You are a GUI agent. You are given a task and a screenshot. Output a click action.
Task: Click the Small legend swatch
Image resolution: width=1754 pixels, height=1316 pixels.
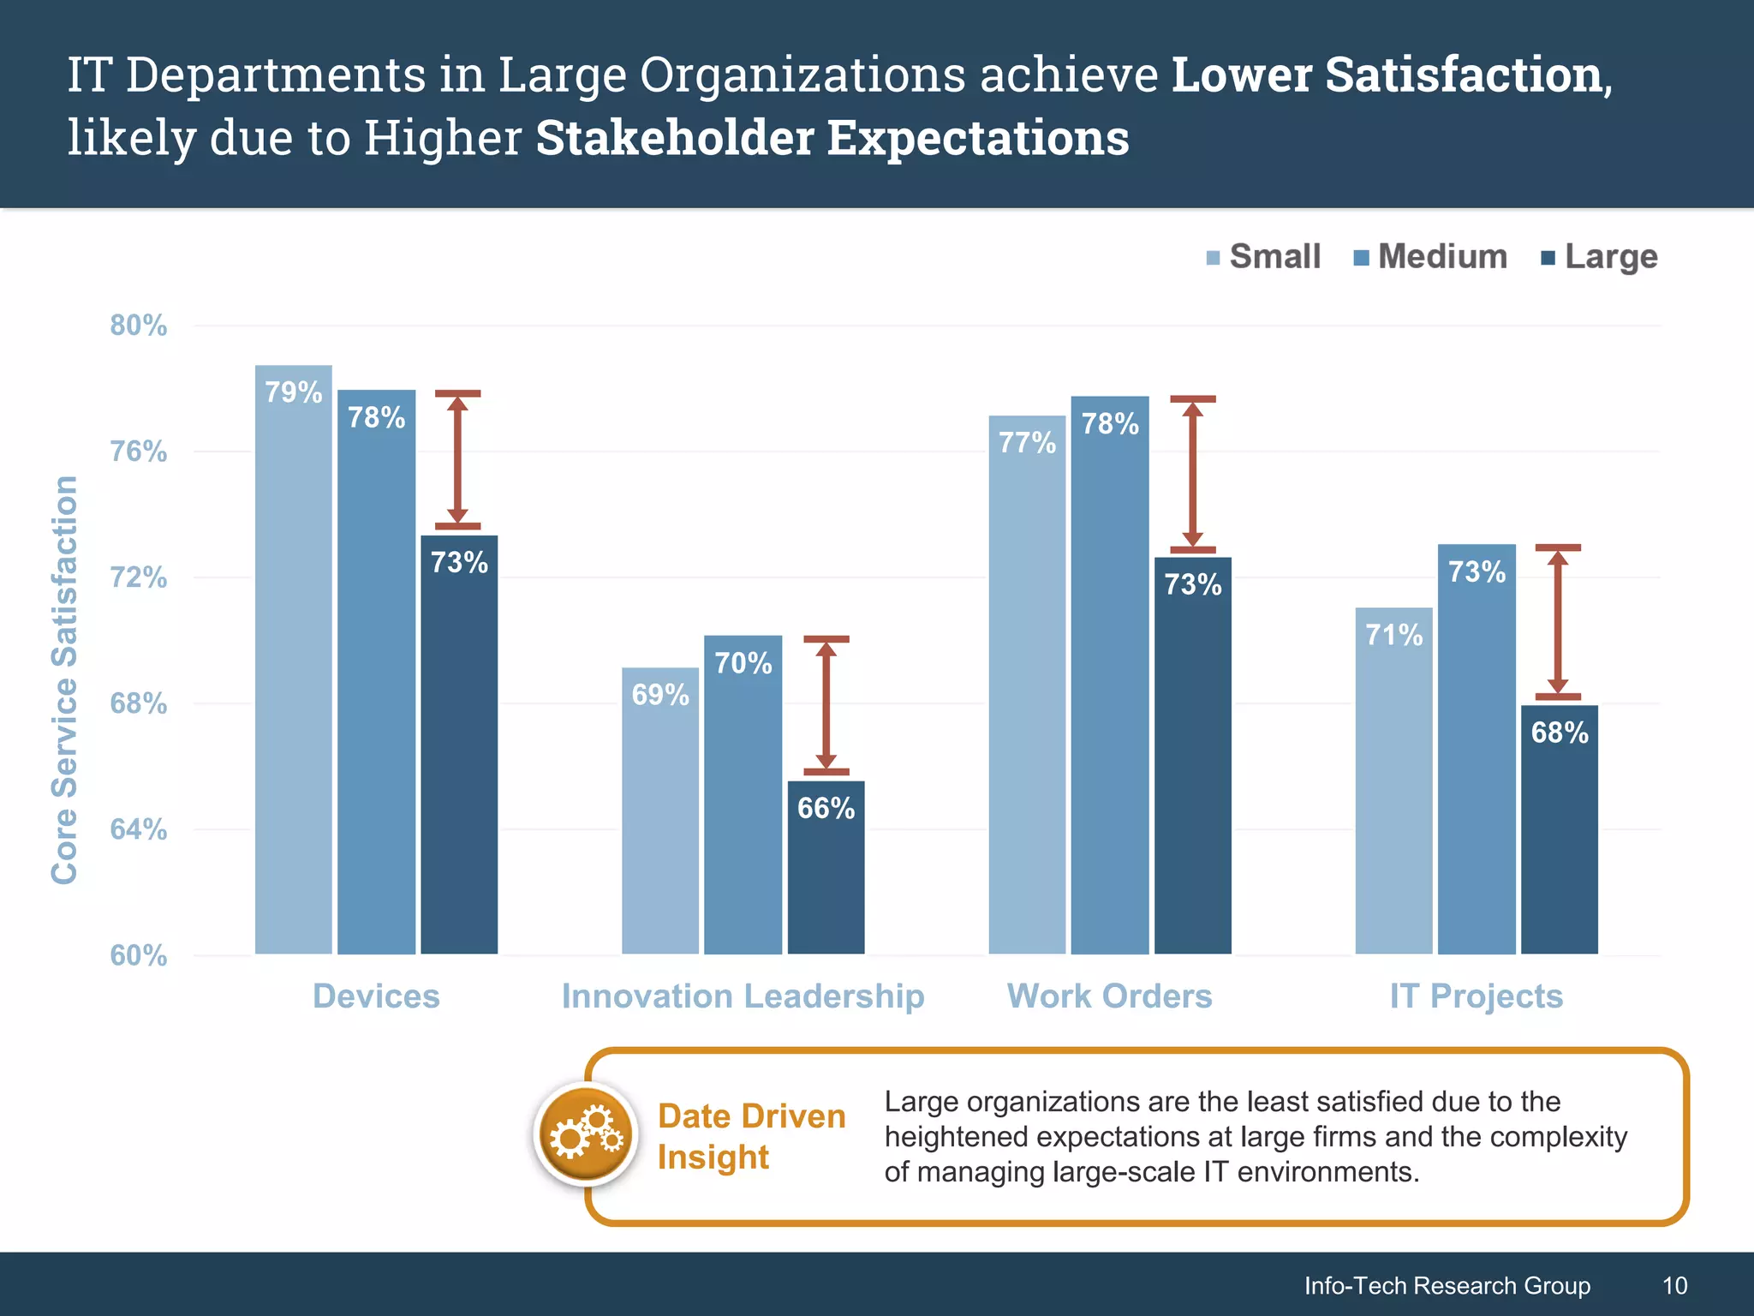pyautogui.click(x=1213, y=258)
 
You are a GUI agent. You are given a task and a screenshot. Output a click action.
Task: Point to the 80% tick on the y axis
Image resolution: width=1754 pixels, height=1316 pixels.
pyautogui.click(x=139, y=326)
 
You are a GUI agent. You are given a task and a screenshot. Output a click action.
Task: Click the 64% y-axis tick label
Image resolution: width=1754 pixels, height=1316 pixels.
pyautogui.click(x=139, y=829)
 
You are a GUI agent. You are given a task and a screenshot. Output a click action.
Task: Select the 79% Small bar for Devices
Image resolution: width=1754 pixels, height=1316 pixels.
pyautogui.click(x=293, y=660)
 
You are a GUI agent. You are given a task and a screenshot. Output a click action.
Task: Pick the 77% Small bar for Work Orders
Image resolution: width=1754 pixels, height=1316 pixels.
pyautogui.click(x=1027, y=685)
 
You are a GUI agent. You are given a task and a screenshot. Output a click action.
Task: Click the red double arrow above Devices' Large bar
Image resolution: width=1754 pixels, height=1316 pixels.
pyautogui.click(x=457, y=460)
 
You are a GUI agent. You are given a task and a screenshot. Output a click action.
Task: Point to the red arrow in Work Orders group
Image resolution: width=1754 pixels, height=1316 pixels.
pyautogui.click(x=1192, y=475)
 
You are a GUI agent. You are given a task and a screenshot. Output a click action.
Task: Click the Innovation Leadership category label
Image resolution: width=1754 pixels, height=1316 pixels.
pyautogui.click(x=743, y=996)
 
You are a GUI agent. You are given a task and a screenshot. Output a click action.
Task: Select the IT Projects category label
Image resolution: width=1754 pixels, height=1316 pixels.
pyautogui.click(x=1476, y=996)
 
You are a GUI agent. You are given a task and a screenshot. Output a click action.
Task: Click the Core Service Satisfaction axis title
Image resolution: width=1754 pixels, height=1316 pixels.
pyautogui.click(x=65, y=679)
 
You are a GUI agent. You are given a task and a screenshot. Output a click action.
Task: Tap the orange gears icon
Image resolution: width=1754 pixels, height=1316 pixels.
pyautogui.click(x=586, y=1136)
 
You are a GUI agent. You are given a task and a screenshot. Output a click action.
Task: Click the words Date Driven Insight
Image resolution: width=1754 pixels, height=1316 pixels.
pyautogui.click(x=750, y=1136)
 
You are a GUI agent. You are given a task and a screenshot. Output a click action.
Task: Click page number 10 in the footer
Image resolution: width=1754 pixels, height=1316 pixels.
pyautogui.click(x=1674, y=1285)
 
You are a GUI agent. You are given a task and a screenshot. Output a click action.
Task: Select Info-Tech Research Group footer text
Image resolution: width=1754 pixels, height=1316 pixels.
pyautogui.click(x=1447, y=1285)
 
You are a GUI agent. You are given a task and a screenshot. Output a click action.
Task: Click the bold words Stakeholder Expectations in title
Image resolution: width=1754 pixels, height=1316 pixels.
pyautogui.click(x=832, y=138)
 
